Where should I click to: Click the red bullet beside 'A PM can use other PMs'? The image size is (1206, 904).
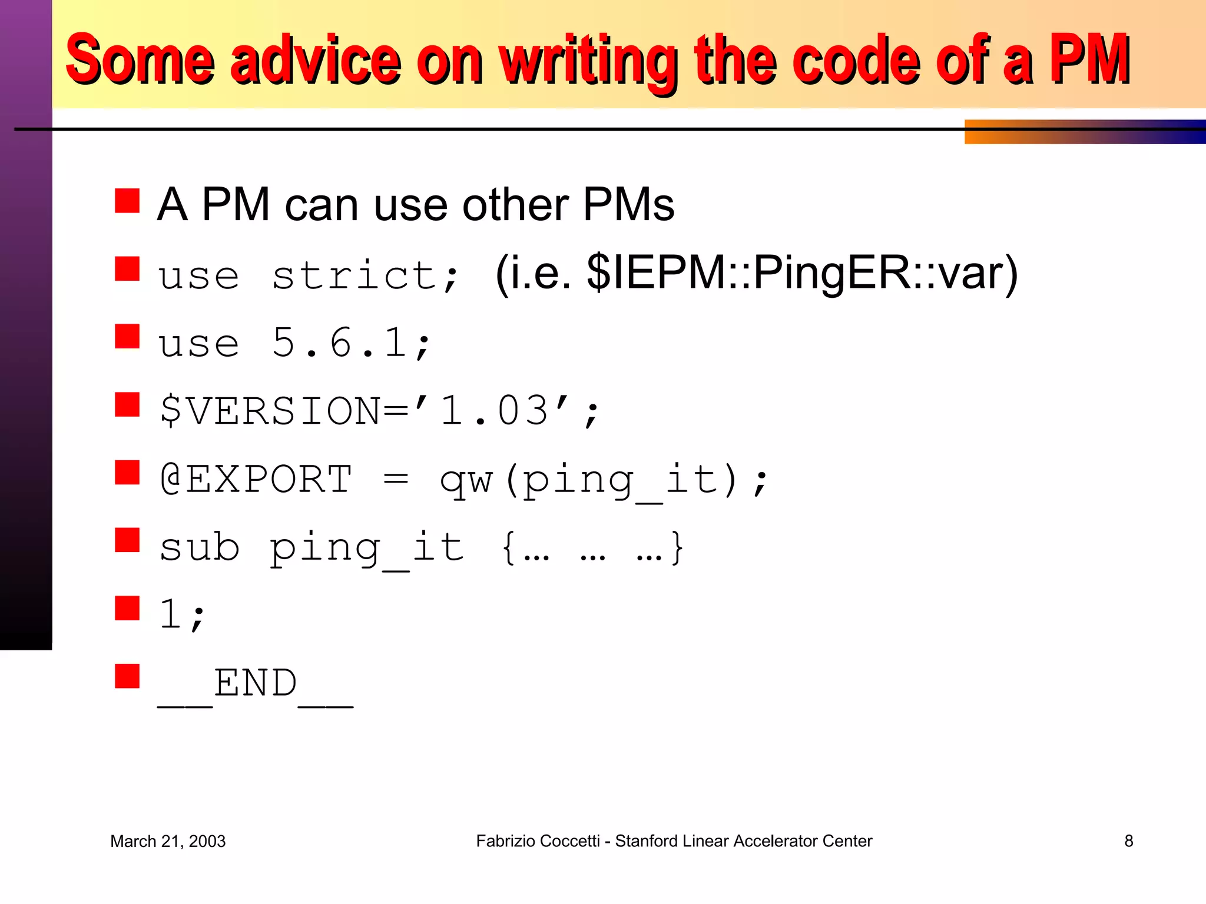[x=127, y=201]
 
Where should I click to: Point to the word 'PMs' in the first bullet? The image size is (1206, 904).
[x=628, y=205]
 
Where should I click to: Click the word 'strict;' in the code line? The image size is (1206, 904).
[x=365, y=275]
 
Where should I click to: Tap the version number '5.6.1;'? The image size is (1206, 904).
[x=352, y=343]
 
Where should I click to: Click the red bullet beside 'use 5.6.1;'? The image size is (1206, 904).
[x=127, y=337]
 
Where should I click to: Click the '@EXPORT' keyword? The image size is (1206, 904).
[x=257, y=479]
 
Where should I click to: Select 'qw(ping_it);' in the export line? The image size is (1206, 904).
[x=604, y=480]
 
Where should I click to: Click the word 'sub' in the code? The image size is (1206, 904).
[x=200, y=547]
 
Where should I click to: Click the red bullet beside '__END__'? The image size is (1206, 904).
[x=127, y=676]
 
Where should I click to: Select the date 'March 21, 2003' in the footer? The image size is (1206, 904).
[x=168, y=842]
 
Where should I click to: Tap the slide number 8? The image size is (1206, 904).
[x=1128, y=841]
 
